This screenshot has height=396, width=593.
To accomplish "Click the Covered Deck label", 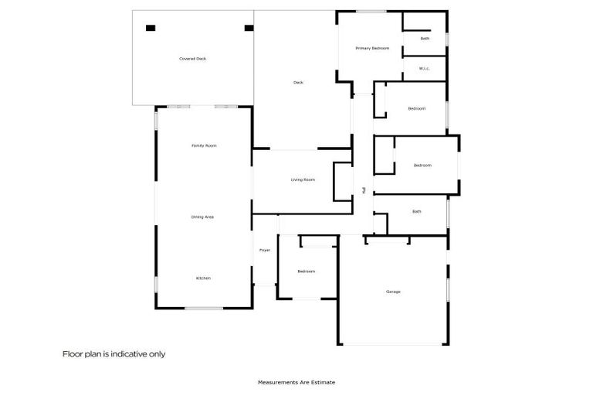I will coord(192,59).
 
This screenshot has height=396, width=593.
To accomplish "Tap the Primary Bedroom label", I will coord(372,49).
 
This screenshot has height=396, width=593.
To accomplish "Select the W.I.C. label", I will coord(424,69).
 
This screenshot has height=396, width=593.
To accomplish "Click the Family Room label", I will coord(204,145).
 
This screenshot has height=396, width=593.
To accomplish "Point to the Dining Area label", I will coord(202,217).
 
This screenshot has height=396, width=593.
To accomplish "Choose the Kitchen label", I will coord(203,278).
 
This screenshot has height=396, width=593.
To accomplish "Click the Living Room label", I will coord(303,180).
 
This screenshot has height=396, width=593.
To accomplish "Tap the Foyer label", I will coord(265,251).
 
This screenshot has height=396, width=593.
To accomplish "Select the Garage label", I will coord(393,292).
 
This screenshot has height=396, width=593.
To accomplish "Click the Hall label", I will coord(364,189).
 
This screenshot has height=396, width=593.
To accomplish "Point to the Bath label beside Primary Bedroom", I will coord(425,38).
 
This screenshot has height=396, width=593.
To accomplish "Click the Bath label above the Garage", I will coord(417,211).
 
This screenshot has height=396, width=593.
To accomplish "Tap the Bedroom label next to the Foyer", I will coord(307,271).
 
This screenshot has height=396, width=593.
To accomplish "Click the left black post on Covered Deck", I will coord(151,28).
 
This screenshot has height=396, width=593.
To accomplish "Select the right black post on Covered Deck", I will coord(249,28).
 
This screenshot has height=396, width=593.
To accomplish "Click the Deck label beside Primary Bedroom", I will coord(298,83).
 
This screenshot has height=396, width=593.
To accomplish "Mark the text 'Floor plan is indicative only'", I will coord(114,354).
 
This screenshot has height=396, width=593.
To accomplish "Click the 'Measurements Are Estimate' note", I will coord(296,382).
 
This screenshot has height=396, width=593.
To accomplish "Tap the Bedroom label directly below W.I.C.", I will coord(417,108).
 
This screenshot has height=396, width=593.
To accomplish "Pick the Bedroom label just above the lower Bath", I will coord(422,165).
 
